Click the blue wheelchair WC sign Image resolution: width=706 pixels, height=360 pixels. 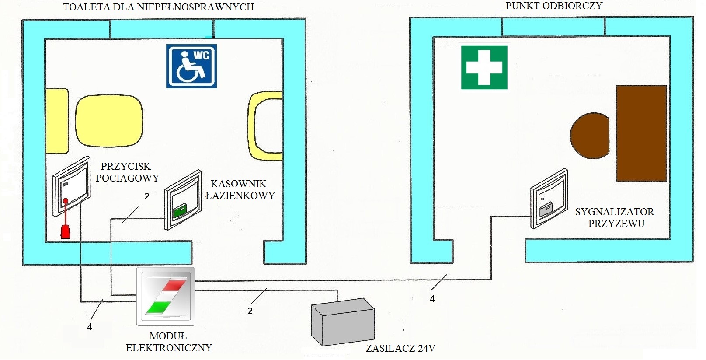[x=191, y=66]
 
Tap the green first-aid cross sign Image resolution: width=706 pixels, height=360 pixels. [x=484, y=67]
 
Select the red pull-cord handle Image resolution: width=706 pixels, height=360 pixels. [x=65, y=231]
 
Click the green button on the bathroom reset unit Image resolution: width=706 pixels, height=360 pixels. [x=180, y=212]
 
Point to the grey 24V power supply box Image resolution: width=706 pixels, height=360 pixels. [x=343, y=322]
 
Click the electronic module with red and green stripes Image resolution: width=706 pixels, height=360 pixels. [x=166, y=296]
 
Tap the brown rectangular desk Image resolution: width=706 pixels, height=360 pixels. [x=641, y=133]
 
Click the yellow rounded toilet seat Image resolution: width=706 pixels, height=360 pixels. [x=109, y=122]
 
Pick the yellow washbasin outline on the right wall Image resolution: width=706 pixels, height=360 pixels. [x=264, y=126]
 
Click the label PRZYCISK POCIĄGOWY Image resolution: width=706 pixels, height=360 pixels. [x=127, y=172]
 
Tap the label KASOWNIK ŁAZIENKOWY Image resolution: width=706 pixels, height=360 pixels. [x=240, y=189]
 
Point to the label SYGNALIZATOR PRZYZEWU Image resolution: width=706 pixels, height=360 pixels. [x=615, y=217]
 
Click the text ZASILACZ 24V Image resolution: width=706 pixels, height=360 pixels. [x=400, y=349]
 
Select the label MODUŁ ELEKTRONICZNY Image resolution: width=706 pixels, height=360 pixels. [x=169, y=342]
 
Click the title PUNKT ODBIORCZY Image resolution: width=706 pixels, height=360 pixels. [x=554, y=6]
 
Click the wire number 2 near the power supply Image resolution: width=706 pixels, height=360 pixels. [x=250, y=311]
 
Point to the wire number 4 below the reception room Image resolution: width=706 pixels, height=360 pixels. [x=432, y=299]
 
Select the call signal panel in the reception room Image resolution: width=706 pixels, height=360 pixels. [x=549, y=199]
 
